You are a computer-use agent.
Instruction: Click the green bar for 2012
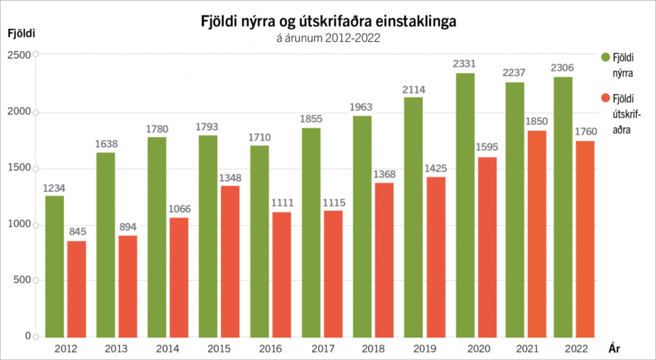(54, 266)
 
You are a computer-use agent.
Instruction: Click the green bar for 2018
(362, 226)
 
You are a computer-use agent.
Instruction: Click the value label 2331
(464, 64)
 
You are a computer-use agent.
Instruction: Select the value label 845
(77, 231)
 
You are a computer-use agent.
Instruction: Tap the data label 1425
(436, 167)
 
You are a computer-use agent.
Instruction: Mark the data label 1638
(105, 142)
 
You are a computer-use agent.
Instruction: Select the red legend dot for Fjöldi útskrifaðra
(604, 99)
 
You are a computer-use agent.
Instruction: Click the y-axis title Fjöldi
(21, 31)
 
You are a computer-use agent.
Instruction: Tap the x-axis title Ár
(614, 348)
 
